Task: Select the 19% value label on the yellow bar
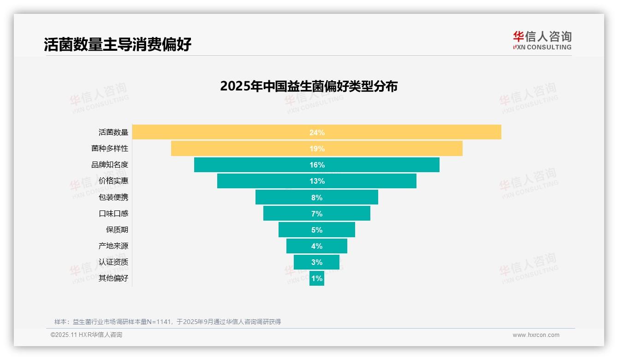tap(317, 149)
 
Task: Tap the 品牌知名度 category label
tap(110, 165)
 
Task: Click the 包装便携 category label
tap(113, 197)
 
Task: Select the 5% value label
tap(317, 230)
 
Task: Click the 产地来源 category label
tap(113, 246)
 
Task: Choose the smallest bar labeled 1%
tap(317, 278)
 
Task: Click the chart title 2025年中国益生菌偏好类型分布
tap(309, 86)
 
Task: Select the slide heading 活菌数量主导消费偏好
tap(118, 44)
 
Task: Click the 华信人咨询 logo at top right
tap(542, 40)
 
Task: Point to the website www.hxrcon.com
tap(536, 335)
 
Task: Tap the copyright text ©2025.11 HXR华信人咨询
tap(86, 335)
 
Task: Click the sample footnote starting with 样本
tap(167, 322)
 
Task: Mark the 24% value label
tap(317, 132)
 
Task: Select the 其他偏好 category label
tap(113, 278)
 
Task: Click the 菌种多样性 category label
tap(110, 149)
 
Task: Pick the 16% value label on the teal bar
tap(317, 165)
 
